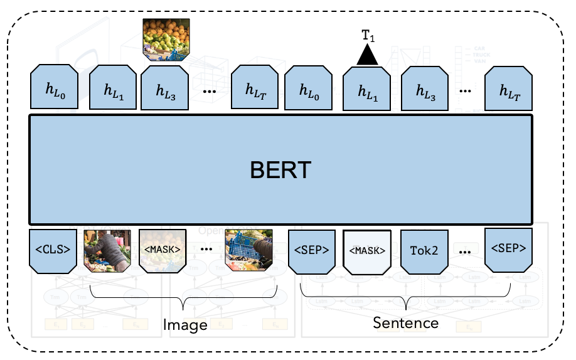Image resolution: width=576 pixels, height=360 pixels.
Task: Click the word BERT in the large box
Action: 280,169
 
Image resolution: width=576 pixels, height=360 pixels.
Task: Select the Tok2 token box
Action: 425,251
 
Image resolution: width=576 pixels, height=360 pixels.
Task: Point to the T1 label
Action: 368,36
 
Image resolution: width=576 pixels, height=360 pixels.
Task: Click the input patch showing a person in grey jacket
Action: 107,250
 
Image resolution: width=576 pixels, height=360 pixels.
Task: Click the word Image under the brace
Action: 185,325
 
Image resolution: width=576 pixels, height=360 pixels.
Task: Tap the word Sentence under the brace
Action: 405,323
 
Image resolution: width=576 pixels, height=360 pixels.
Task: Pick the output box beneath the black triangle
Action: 367,91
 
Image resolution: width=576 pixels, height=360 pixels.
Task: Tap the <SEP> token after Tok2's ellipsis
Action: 508,248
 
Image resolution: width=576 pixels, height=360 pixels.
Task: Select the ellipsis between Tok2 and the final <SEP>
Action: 465,252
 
